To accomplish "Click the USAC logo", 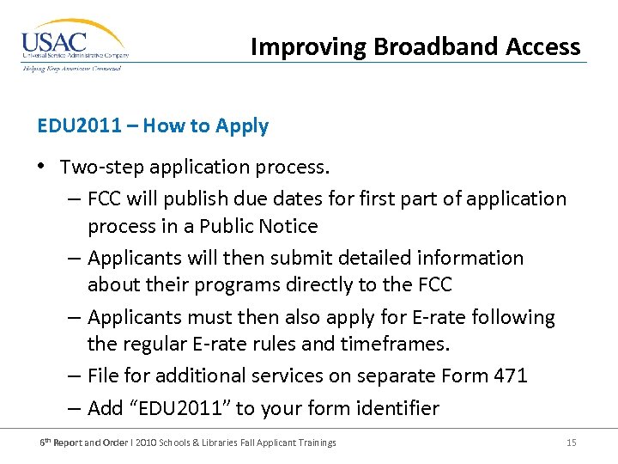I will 75,46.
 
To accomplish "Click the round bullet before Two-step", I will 43,166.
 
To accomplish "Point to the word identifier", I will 395,408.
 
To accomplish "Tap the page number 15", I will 571,443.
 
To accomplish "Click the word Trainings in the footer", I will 317,443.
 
